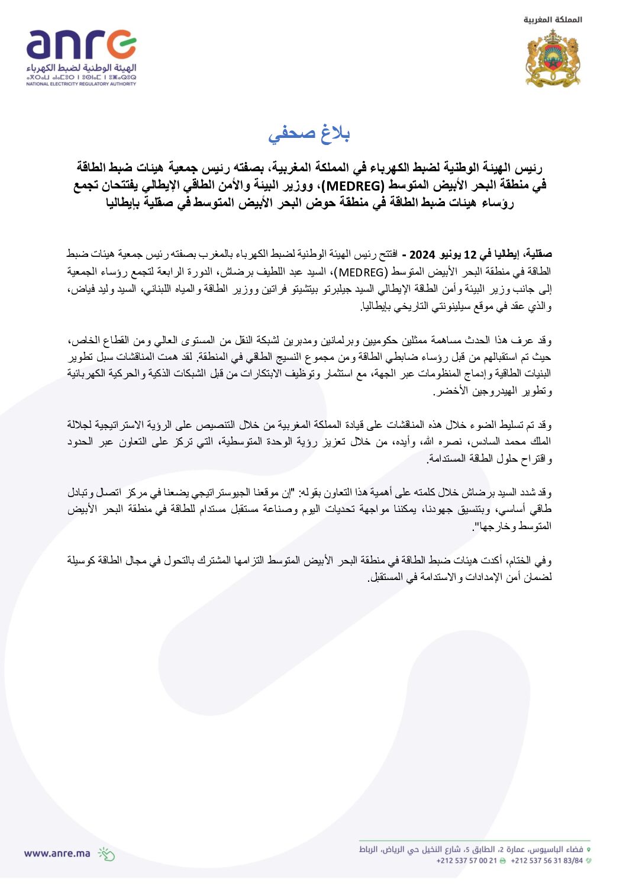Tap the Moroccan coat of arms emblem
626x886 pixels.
click(553, 59)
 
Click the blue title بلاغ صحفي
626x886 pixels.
click(309, 134)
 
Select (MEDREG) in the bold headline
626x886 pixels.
click(354, 186)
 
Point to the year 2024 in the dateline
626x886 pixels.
click(422, 255)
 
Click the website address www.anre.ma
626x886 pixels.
click(57, 853)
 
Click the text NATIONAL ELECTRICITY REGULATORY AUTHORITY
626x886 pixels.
click(81, 84)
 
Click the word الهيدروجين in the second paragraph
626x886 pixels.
click(482, 391)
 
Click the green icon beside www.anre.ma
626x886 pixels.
click(106, 853)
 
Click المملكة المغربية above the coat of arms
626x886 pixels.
click(553, 20)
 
